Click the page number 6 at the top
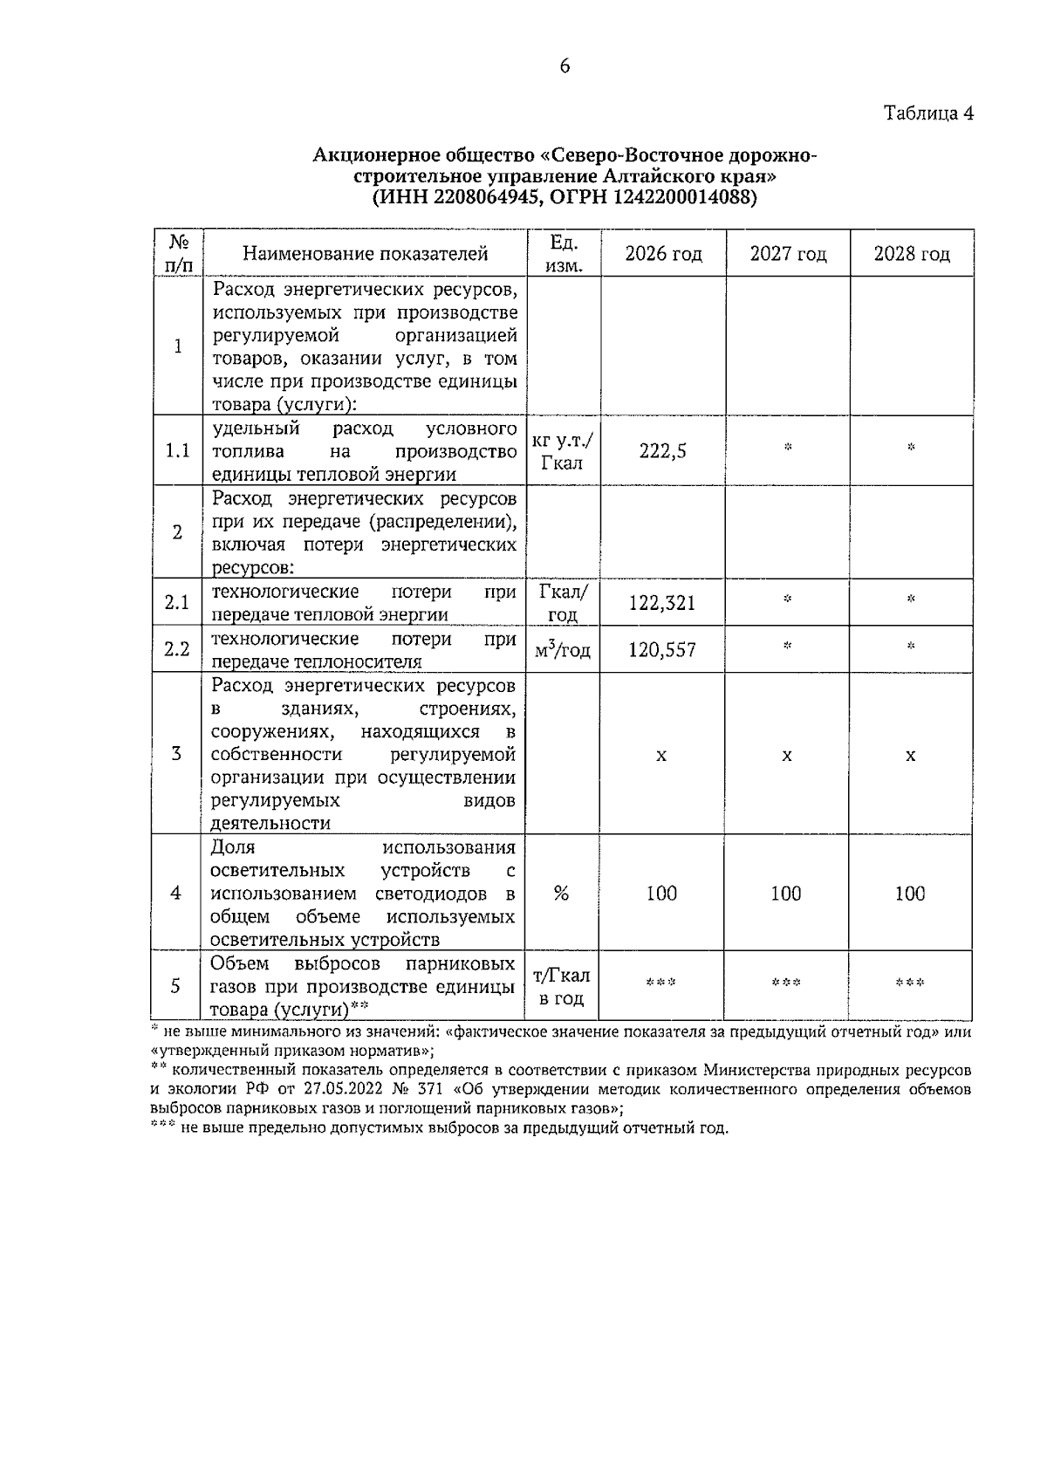[565, 66]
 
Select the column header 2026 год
[663, 254]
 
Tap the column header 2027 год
[788, 254]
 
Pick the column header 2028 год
[912, 254]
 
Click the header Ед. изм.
[564, 253]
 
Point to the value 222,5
[663, 451]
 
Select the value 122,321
[663, 603]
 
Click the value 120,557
[663, 649]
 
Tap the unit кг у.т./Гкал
[564, 451]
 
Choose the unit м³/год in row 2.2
[564, 650]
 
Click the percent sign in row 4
[562, 893]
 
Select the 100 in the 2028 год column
[910, 893]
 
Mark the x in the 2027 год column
[787, 755]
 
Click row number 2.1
[177, 603]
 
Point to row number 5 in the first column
[176, 986]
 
